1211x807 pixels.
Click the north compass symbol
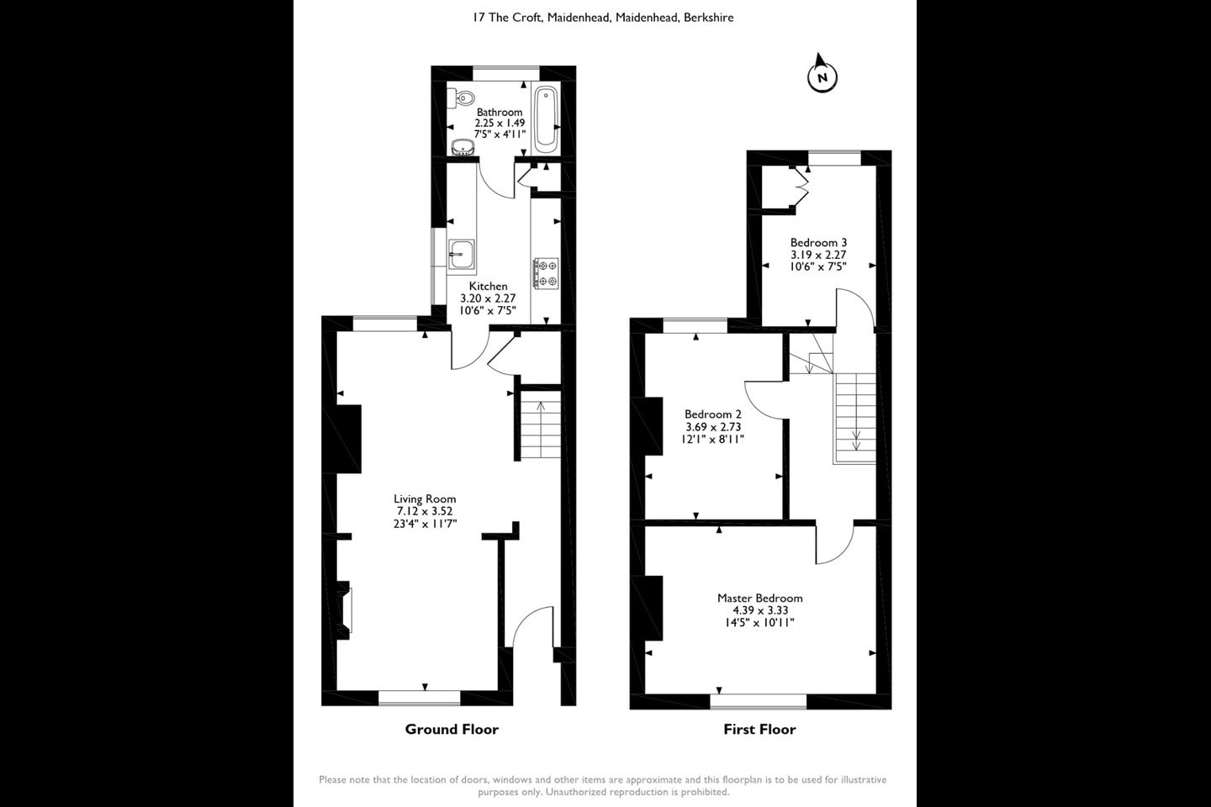822,76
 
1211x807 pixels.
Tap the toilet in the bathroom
461,98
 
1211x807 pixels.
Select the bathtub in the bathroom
546,119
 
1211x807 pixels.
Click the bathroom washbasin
463,147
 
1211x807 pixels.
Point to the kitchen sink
462,254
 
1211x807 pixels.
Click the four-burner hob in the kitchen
546,273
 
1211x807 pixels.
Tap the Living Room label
425,498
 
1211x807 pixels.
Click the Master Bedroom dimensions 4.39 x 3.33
760,610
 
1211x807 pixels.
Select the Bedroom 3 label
818,242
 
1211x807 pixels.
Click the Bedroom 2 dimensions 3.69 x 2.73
713,426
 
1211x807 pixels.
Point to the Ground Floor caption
452,729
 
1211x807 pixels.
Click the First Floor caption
759,729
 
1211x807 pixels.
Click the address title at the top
603,18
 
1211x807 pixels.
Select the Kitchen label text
488,286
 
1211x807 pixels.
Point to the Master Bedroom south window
758,701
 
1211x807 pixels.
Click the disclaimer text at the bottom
603,785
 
